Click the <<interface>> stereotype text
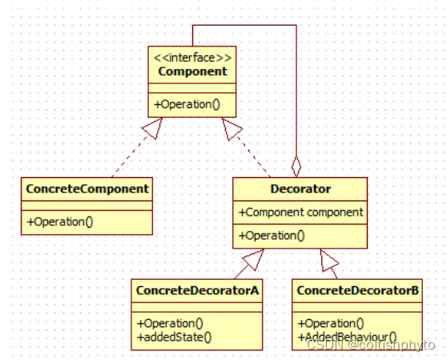(192, 57)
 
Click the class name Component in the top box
(192, 71)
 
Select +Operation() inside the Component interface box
(187, 104)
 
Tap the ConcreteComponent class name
(87, 188)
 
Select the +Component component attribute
(300, 212)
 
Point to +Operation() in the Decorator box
(272, 236)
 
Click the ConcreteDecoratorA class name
(197, 290)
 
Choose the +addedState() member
(174, 336)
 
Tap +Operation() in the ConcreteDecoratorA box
(171, 323)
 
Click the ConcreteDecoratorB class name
(357, 290)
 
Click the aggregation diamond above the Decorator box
(296, 167)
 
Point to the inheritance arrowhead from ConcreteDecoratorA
(253, 258)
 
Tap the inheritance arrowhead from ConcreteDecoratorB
(329, 258)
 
